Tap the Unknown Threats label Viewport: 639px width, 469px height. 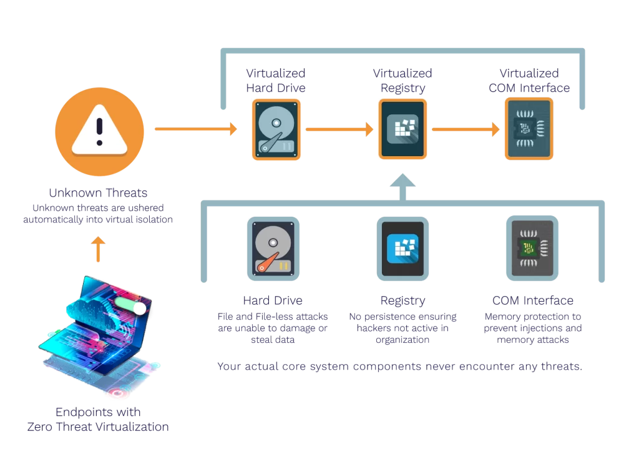[99, 192]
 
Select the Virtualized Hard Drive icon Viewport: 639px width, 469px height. [276, 129]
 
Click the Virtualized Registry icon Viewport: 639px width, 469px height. [403, 129]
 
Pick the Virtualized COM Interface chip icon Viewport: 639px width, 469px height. [529, 129]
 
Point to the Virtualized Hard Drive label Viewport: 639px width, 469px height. [276, 81]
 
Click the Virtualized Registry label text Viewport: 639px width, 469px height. [402, 81]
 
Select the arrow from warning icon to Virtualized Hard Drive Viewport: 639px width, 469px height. [196, 129]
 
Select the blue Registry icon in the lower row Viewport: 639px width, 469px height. [403, 248]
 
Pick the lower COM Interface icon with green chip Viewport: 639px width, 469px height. [532, 248]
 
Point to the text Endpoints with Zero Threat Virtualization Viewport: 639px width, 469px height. [98, 420]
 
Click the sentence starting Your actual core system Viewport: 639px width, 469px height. [399, 367]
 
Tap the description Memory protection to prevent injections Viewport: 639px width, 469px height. [533, 328]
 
